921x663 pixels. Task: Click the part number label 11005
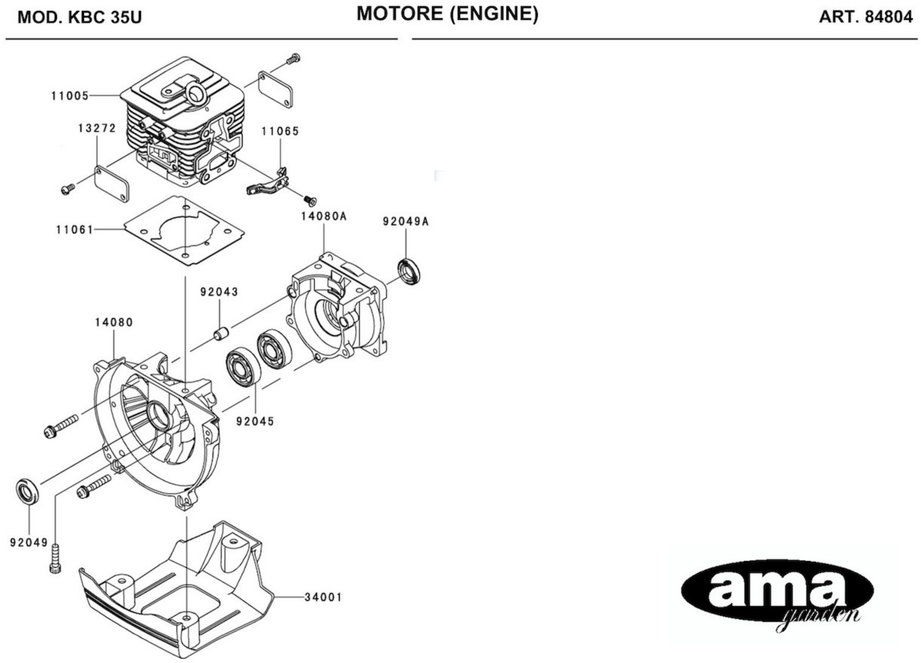[70, 96]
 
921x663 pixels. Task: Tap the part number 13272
[97, 128]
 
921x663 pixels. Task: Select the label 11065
[280, 131]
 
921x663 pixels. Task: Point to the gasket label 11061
[75, 230]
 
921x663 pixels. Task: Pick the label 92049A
[406, 221]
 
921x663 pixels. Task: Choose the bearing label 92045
[255, 421]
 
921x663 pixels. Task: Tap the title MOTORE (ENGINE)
[448, 14]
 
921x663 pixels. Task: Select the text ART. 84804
[865, 17]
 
